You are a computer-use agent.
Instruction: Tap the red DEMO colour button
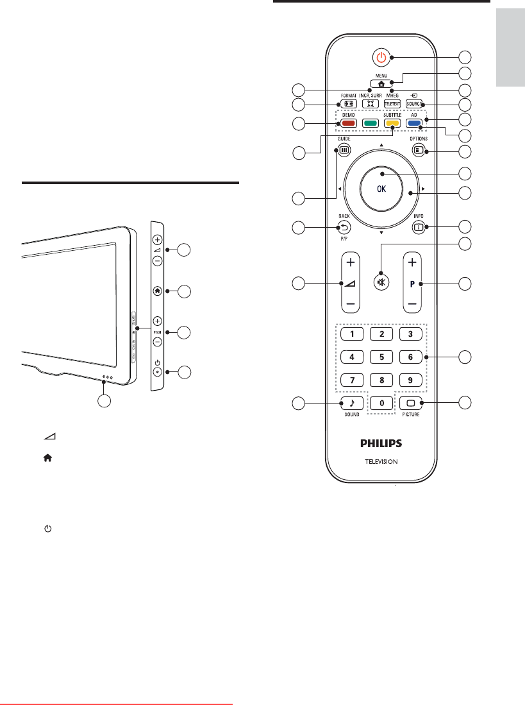coord(348,123)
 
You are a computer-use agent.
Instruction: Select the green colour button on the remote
coord(370,123)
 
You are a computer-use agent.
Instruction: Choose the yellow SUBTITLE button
coord(392,123)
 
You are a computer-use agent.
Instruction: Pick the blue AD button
coord(413,123)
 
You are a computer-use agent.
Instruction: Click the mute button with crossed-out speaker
coord(381,283)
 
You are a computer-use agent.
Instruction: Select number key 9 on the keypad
coord(411,379)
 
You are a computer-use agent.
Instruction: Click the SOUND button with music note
coord(351,403)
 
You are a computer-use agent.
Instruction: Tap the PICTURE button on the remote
coord(411,403)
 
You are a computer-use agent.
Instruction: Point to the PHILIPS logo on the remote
coord(381,444)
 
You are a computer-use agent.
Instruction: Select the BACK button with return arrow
coord(345,226)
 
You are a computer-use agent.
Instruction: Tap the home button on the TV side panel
coord(158,291)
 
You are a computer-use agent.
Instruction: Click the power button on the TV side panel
coord(158,372)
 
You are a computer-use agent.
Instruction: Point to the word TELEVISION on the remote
coord(381,461)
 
